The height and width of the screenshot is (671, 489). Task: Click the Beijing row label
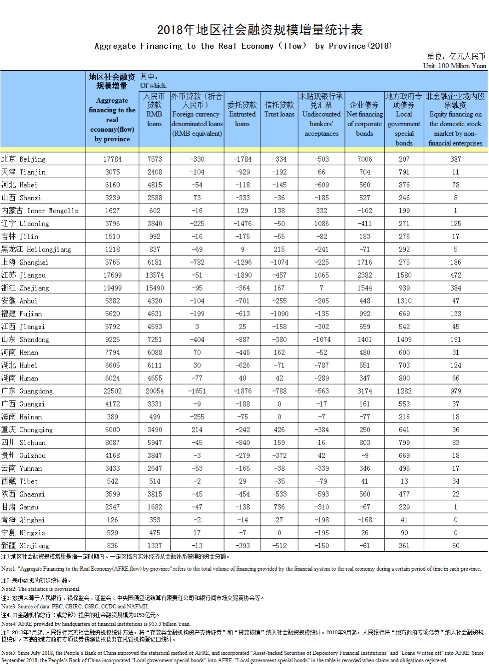[x=23, y=159]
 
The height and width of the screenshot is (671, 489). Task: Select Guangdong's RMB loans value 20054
[x=155, y=391]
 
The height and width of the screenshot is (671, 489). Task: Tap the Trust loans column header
[x=279, y=110]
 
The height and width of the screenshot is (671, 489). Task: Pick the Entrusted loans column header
[x=242, y=114]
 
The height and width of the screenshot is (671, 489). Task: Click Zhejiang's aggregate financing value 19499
[x=112, y=288]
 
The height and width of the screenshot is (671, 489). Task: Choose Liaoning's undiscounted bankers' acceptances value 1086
[x=321, y=223]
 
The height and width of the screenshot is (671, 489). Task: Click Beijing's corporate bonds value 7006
[x=364, y=159]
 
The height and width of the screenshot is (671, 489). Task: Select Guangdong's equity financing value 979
[x=455, y=391]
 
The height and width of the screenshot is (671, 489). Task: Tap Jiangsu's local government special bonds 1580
[x=404, y=275]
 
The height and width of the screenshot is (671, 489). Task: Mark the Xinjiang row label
[x=25, y=546]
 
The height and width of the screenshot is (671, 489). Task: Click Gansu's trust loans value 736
[x=279, y=507]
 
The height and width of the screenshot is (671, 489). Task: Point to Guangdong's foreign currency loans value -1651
[x=197, y=391]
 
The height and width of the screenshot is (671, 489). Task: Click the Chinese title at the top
[x=260, y=30]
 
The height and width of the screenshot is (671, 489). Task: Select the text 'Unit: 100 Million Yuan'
[x=454, y=66]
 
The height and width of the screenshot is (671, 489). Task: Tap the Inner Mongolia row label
[x=40, y=211]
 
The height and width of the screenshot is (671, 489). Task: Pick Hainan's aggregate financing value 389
[x=112, y=417]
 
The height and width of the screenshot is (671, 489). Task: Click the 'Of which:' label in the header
[x=154, y=86]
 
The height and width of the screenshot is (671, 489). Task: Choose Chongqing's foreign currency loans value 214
[x=197, y=430]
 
